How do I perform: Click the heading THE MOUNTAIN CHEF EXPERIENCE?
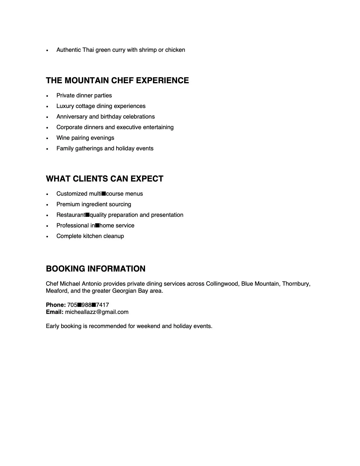[x=117, y=81]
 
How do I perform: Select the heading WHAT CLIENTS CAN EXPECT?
[x=104, y=179]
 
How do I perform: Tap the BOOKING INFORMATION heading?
[x=96, y=269]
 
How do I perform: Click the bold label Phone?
[x=56, y=305]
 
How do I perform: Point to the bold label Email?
[x=54, y=312]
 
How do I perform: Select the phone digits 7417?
[x=102, y=305]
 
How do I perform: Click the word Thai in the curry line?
[x=88, y=50]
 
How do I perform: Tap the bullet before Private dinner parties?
[x=47, y=96]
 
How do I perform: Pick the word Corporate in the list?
[x=69, y=127]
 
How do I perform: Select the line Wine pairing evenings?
[x=85, y=138]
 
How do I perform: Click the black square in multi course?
[x=104, y=194]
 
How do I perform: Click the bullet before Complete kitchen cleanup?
[x=47, y=237]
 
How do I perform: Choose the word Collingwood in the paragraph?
[x=223, y=284]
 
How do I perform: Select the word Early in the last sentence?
[x=52, y=326]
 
